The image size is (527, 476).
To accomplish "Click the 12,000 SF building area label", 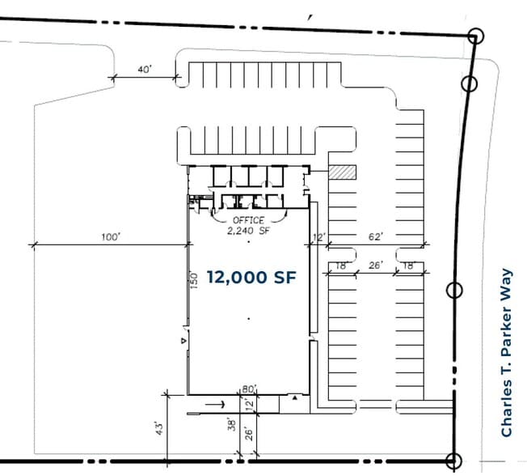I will (x=251, y=278).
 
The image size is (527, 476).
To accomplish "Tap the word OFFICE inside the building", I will (x=248, y=220).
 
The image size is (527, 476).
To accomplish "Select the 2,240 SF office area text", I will (x=248, y=229).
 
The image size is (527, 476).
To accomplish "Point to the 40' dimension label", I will (x=145, y=70).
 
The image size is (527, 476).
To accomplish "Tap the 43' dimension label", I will (x=160, y=426).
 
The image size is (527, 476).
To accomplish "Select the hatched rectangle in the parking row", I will (x=343, y=172).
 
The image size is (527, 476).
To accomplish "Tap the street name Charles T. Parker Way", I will (x=507, y=353).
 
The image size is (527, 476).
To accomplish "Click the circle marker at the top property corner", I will (x=475, y=36).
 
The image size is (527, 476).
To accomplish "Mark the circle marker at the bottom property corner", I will (x=454, y=460).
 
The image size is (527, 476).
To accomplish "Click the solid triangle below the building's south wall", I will (x=294, y=398).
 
